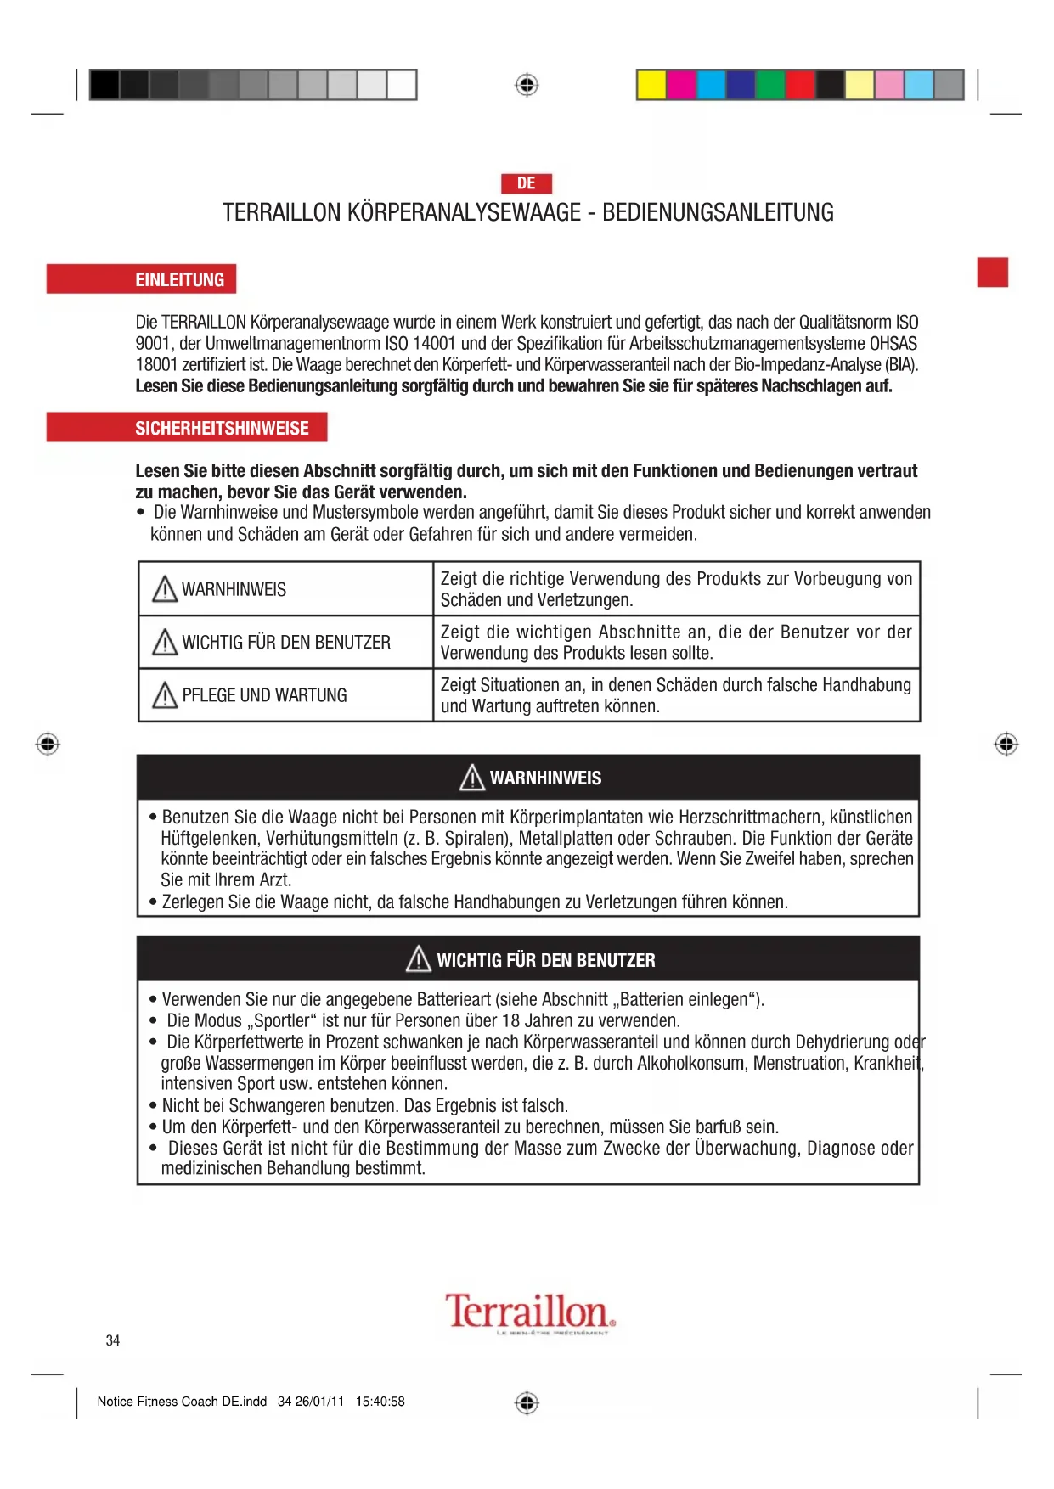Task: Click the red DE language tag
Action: tap(527, 183)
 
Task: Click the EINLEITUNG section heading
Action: tap(179, 279)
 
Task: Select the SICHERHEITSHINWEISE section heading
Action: tap(222, 428)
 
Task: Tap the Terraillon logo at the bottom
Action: tap(530, 1312)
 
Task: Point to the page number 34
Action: tap(113, 1340)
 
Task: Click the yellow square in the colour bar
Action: tap(651, 85)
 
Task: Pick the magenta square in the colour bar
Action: tap(681, 85)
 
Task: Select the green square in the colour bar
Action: tap(770, 85)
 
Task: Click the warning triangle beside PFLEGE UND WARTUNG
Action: tap(164, 695)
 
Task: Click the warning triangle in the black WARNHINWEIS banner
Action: tap(472, 778)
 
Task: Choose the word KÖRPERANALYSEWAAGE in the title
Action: tap(464, 212)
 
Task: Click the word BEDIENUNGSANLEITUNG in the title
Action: tap(718, 212)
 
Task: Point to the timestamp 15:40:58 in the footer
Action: tap(380, 1402)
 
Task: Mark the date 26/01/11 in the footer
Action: tap(319, 1402)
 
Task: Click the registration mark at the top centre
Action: tap(527, 85)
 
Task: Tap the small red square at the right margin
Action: tap(992, 273)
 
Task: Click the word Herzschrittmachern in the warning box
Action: tap(751, 818)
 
